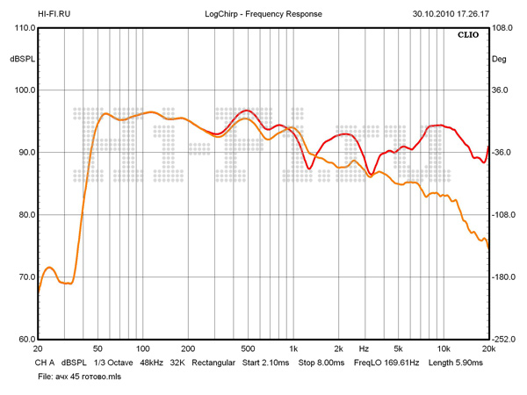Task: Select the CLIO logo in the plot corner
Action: click(x=467, y=36)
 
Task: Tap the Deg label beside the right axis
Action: click(x=499, y=59)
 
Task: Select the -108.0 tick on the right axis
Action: click(x=504, y=215)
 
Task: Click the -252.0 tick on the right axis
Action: click(x=504, y=339)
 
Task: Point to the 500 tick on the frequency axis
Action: click(x=248, y=348)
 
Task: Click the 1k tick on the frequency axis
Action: click(x=294, y=348)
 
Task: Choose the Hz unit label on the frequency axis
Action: click(x=363, y=348)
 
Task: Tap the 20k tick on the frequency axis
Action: click(x=488, y=348)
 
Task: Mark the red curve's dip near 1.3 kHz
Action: click(x=309, y=168)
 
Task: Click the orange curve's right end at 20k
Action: click(x=488, y=248)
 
